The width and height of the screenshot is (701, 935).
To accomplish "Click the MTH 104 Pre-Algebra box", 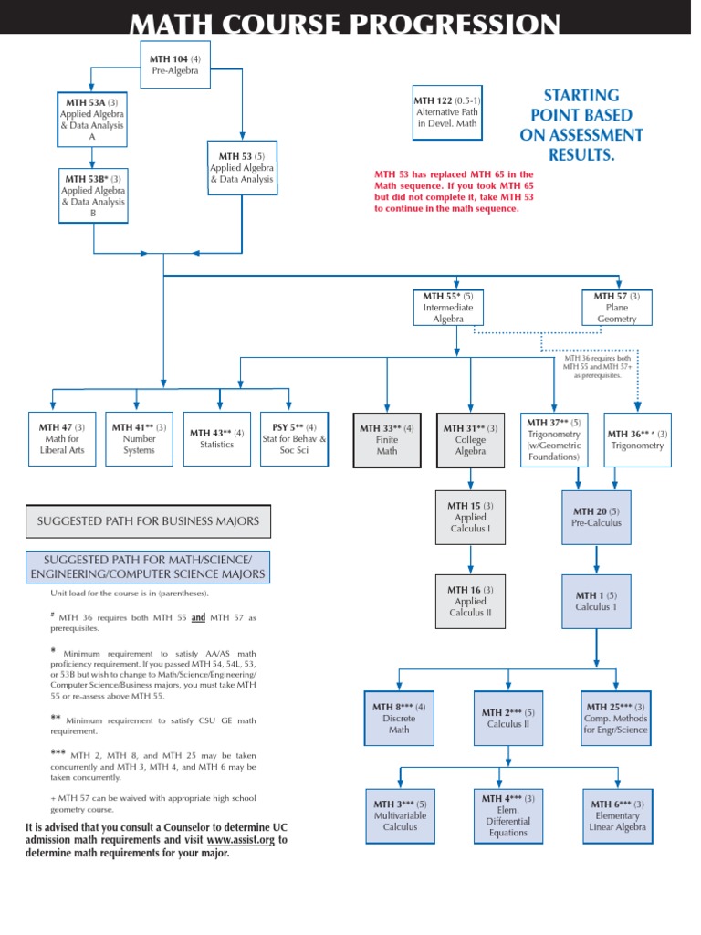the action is (x=175, y=65).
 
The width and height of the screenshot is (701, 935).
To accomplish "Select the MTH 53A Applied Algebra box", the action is (x=92, y=120).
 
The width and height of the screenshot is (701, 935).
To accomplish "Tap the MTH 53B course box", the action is (x=93, y=195).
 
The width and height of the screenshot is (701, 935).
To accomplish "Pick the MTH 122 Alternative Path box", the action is (x=447, y=112).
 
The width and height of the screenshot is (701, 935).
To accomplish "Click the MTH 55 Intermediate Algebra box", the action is (x=448, y=308).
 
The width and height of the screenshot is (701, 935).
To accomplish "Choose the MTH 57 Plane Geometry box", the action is (x=617, y=308).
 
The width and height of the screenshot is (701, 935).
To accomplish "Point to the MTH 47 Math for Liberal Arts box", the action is (x=62, y=439).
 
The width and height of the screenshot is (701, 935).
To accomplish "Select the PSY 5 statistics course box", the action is (x=294, y=439).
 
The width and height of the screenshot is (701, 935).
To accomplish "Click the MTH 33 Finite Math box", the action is (x=387, y=440).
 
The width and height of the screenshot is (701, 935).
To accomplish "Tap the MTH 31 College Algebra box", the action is (x=470, y=440).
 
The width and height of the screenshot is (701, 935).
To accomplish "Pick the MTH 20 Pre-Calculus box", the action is (x=596, y=518).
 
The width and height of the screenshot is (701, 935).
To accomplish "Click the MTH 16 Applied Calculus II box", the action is (x=470, y=602).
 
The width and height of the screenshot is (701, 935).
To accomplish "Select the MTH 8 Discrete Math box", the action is (x=399, y=719).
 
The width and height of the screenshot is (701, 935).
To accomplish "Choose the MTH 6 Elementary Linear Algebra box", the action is (x=618, y=816).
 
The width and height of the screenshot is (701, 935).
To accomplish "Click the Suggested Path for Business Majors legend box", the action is (x=148, y=521).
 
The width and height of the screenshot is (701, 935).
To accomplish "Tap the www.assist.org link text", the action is (x=241, y=840).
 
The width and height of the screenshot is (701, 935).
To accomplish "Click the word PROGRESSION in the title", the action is (x=455, y=24).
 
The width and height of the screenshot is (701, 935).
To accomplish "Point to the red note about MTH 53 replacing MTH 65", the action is (x=455, y=192).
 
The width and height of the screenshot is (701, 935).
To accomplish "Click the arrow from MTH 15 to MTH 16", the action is (x=470, y=560).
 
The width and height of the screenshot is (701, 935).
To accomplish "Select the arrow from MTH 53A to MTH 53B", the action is (x=92, y=158).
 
